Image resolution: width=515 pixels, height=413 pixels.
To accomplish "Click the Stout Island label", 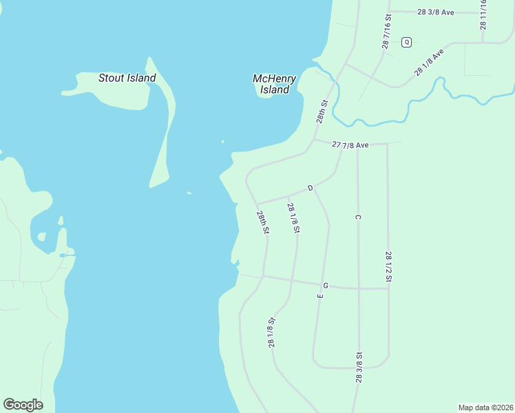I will click(x=127, y=78).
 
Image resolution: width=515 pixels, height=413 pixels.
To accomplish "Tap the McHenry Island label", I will click(x=275, y=84).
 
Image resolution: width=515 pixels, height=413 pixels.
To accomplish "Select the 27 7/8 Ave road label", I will click(x=350, y=145).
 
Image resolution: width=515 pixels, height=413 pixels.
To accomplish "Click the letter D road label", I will click(x=310, y=188).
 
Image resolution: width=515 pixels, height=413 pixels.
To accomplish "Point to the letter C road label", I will click(x=358, y=218).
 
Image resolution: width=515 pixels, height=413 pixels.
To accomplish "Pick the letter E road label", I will click(x=319, y=295).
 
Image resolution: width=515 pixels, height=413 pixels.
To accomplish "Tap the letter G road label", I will click(x=325, y=285).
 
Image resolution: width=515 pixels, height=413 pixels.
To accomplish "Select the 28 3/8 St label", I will click(x=359, y=368).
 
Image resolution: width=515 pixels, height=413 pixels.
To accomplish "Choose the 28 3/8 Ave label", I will click(x=436, y=12).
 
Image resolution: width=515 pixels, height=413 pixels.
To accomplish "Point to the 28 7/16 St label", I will click(x=387, y=31).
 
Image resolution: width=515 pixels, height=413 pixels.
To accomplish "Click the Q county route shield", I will click(x=406, y=42).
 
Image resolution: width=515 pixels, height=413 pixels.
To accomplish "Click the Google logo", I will click(x=23, y=405).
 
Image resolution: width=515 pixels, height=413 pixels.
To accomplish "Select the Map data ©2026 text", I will click(x=485, y=407).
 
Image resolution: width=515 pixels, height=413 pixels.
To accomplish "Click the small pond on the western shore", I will click(x=64, y=255).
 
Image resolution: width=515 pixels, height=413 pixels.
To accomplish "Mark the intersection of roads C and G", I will click(x=358, y=288).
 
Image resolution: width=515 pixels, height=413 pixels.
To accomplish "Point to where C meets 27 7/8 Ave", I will click(x=358, y=145).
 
